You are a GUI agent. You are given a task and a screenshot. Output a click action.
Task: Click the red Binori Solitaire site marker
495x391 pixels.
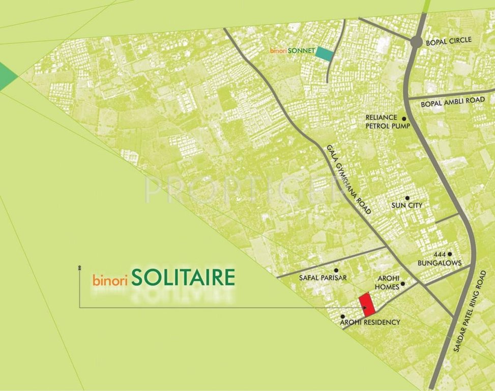(x=367, y=304)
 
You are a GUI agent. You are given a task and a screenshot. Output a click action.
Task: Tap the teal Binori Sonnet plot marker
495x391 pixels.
(x=324, y=53)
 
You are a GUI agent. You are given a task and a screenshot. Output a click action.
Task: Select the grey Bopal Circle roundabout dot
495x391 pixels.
(x=417, y=42)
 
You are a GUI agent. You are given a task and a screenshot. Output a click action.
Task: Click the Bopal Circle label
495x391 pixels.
(x=450, y=40)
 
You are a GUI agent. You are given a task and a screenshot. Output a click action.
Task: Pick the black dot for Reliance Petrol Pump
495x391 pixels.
(x=404, y=118)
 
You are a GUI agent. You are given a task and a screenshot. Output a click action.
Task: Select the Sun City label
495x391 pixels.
(x=407, y=206)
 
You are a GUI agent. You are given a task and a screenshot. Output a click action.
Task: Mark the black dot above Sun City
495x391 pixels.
(x=407, y=198)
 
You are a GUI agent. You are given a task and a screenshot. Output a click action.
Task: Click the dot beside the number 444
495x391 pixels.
(x=449, y=254)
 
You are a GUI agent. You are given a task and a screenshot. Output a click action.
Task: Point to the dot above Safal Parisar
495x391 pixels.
(x=336, y=270)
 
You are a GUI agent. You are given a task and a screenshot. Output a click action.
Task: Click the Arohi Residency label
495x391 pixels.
(x=370, y=322)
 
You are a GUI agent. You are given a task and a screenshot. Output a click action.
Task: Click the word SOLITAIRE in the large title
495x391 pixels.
(x=183, y=277)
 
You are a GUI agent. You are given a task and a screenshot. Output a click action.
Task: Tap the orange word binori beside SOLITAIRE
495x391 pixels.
(x=109, y=280)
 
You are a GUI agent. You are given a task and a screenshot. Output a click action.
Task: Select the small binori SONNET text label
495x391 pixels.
(x=292, y=51)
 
